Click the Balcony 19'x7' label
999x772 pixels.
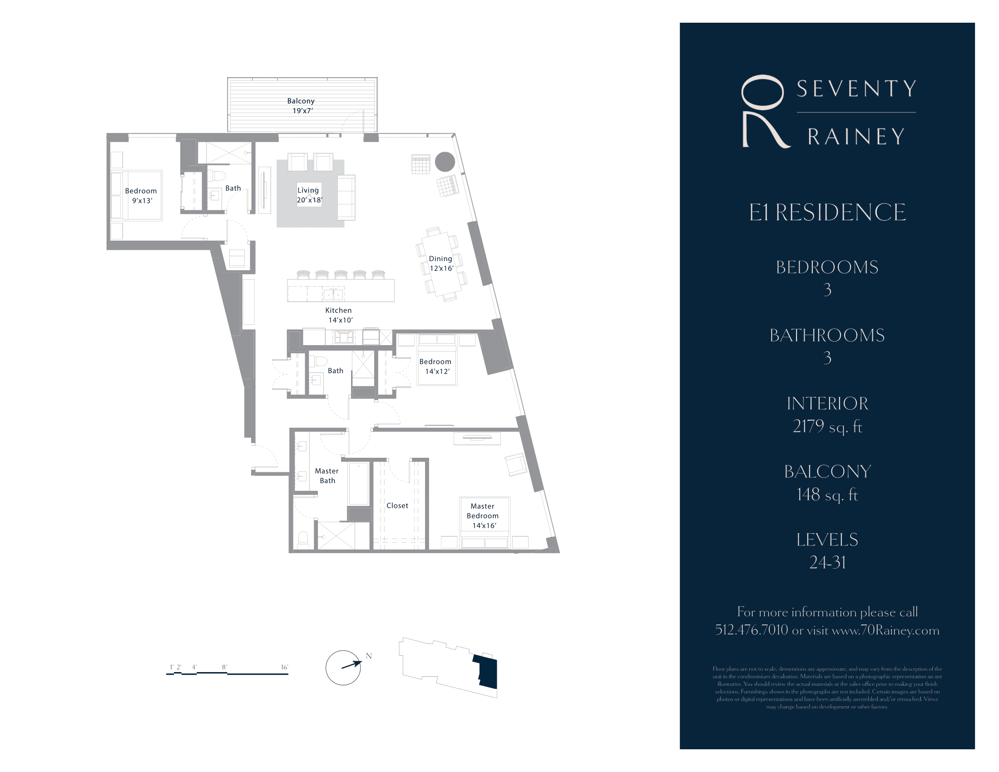click(x=301, y=106)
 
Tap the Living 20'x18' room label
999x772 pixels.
click(x=309, y=195)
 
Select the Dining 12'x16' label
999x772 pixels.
click(x=441, y=263)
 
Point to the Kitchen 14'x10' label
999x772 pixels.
click(x=339, y=315)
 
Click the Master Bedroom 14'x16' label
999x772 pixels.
click(x=483, y=516)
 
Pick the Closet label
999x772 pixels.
click(x=397, y=505)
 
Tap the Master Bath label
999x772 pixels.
click(x=326, y=475)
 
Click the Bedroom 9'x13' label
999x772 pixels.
click(x=141, y=196)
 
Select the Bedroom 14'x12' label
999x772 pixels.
click(x=435, y=366)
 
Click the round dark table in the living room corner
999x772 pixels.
click(x=445, y=162)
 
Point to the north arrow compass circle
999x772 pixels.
click(x=343, y=668)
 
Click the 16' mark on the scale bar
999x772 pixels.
click(x=284, y=667)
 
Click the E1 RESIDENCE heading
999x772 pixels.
click(x=827, y=213)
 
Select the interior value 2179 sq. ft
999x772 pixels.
click(x=827, y=426)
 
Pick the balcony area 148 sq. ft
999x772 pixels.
click(x=827, y=495)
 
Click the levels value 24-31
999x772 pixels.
click(x=827, y=563)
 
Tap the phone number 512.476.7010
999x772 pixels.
click(x=752, y=630)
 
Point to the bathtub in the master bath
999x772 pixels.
click(x=359, y=484)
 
